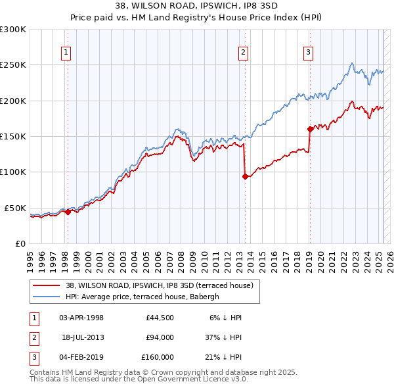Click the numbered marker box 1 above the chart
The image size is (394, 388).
pyautogui.click(x=66, y=53)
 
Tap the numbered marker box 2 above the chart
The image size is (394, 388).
pyautogui.click(x=243, y=53)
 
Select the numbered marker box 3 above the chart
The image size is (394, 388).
pyautogui.click(x=308, y=53)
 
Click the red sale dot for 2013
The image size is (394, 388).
pyautogui.click(x=245, y=176)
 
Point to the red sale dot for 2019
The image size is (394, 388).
pyautogui.click(x=309, y=130)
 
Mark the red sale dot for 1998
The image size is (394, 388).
pyautogui.click(x=68, y=212)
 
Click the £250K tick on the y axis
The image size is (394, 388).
pyautogui.click(x=12, y=65)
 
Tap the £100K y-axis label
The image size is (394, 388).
pyautogui.click(x=12, y=172)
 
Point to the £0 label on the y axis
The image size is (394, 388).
pyautogui.click(x=20, y=243)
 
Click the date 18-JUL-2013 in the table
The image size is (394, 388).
pyautogui.click(x=83, y=337)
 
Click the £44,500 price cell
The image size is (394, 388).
pyautogui.click(x=160, y=318)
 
